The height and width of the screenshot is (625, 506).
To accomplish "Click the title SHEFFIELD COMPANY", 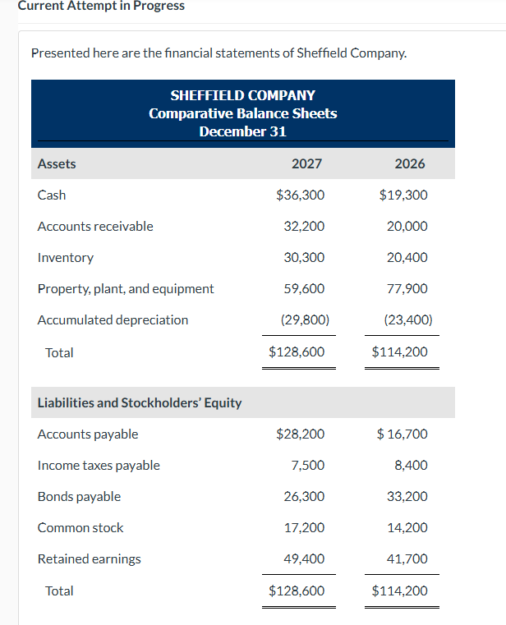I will (242, 95).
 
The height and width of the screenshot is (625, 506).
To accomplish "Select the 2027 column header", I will (306, 163).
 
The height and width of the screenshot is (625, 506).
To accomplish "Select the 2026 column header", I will (410, 163).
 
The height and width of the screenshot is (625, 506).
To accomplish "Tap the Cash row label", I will (52, 195).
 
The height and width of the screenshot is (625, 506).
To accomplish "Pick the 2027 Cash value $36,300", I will (301, 195).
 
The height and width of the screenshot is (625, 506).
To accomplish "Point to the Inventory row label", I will (66, 257).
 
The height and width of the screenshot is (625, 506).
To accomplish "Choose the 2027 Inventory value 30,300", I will (304, 257).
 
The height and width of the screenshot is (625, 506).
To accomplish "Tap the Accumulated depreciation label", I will (113, 319).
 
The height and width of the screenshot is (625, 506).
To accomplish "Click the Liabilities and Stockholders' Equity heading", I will (140, 402).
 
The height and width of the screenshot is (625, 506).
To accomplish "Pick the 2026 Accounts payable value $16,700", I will (402, 434).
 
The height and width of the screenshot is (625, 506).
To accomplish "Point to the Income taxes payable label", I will (99, 465).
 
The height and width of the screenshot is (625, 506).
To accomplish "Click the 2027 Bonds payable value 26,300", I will (304, 496).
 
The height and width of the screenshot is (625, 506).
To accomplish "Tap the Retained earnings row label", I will (89, 558).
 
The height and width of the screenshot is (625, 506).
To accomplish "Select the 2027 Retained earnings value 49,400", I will (304, 558).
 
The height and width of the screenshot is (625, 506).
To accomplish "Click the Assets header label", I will (57, 163).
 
